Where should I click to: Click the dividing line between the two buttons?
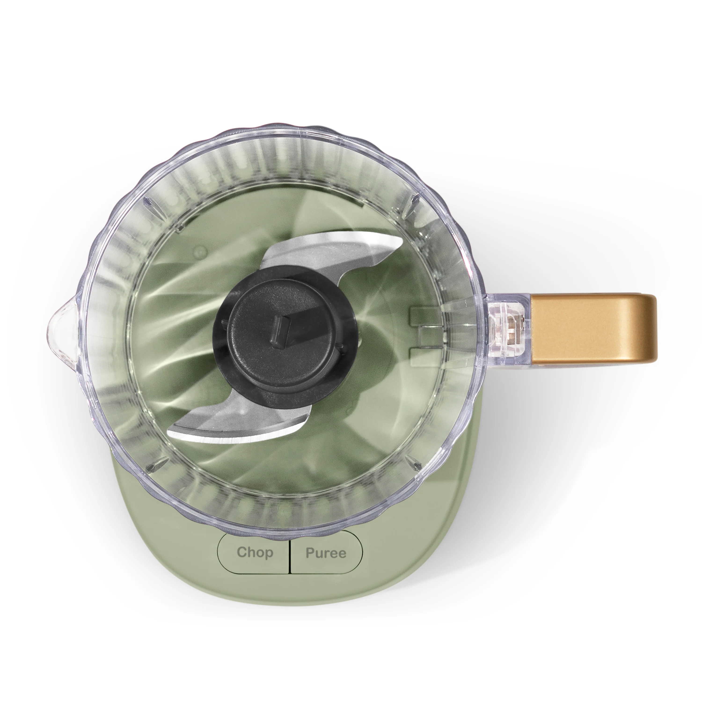coord(290,553)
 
